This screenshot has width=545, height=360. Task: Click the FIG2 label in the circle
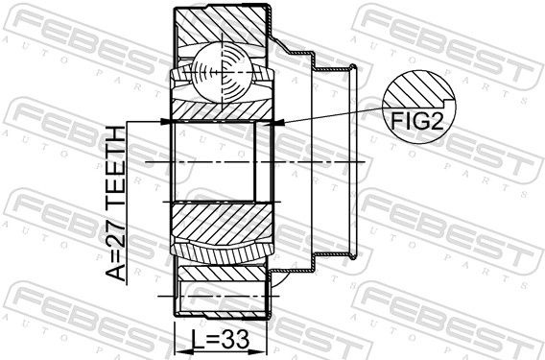coord(417,121)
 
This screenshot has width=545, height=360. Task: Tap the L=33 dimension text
coord(221,340)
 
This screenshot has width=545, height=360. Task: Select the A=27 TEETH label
coord(115,204)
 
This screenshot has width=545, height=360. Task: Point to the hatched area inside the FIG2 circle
coord(417,89)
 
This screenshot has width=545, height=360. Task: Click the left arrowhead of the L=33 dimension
coord(181,350)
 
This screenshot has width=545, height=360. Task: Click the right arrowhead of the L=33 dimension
coord(259,350)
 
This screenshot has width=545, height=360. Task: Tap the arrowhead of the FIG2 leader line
coord(279,123)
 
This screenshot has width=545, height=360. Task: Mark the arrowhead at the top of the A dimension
coord(165,122)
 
